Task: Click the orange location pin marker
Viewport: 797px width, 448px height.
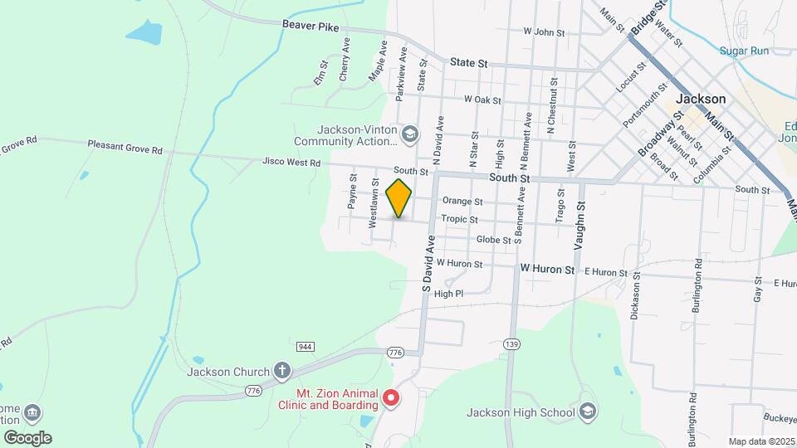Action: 399,198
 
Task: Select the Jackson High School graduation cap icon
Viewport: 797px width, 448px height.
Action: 588,412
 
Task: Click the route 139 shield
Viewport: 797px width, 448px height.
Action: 511,343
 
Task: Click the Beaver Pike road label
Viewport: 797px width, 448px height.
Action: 310,27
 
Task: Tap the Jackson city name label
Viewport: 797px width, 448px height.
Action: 701,99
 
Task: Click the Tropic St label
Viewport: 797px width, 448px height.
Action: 459,220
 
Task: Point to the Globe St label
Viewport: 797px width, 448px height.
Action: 493,240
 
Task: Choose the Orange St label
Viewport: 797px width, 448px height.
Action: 462,201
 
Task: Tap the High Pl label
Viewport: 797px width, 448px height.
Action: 448,294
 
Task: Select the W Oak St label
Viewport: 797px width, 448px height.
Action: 482,100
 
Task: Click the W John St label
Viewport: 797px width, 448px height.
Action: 544,32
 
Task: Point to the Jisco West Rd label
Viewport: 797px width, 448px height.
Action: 291,163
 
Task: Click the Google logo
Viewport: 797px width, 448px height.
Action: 28,438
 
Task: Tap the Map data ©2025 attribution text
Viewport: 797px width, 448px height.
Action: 760,441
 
